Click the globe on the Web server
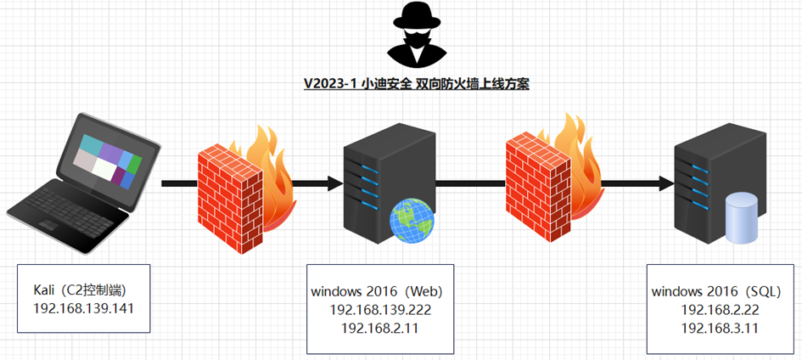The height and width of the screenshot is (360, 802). click(412, 222)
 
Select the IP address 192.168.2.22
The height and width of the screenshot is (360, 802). click(720, 309)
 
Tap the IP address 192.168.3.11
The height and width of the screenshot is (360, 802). click(720, 327)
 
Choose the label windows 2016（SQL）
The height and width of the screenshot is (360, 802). click(721, 291)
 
